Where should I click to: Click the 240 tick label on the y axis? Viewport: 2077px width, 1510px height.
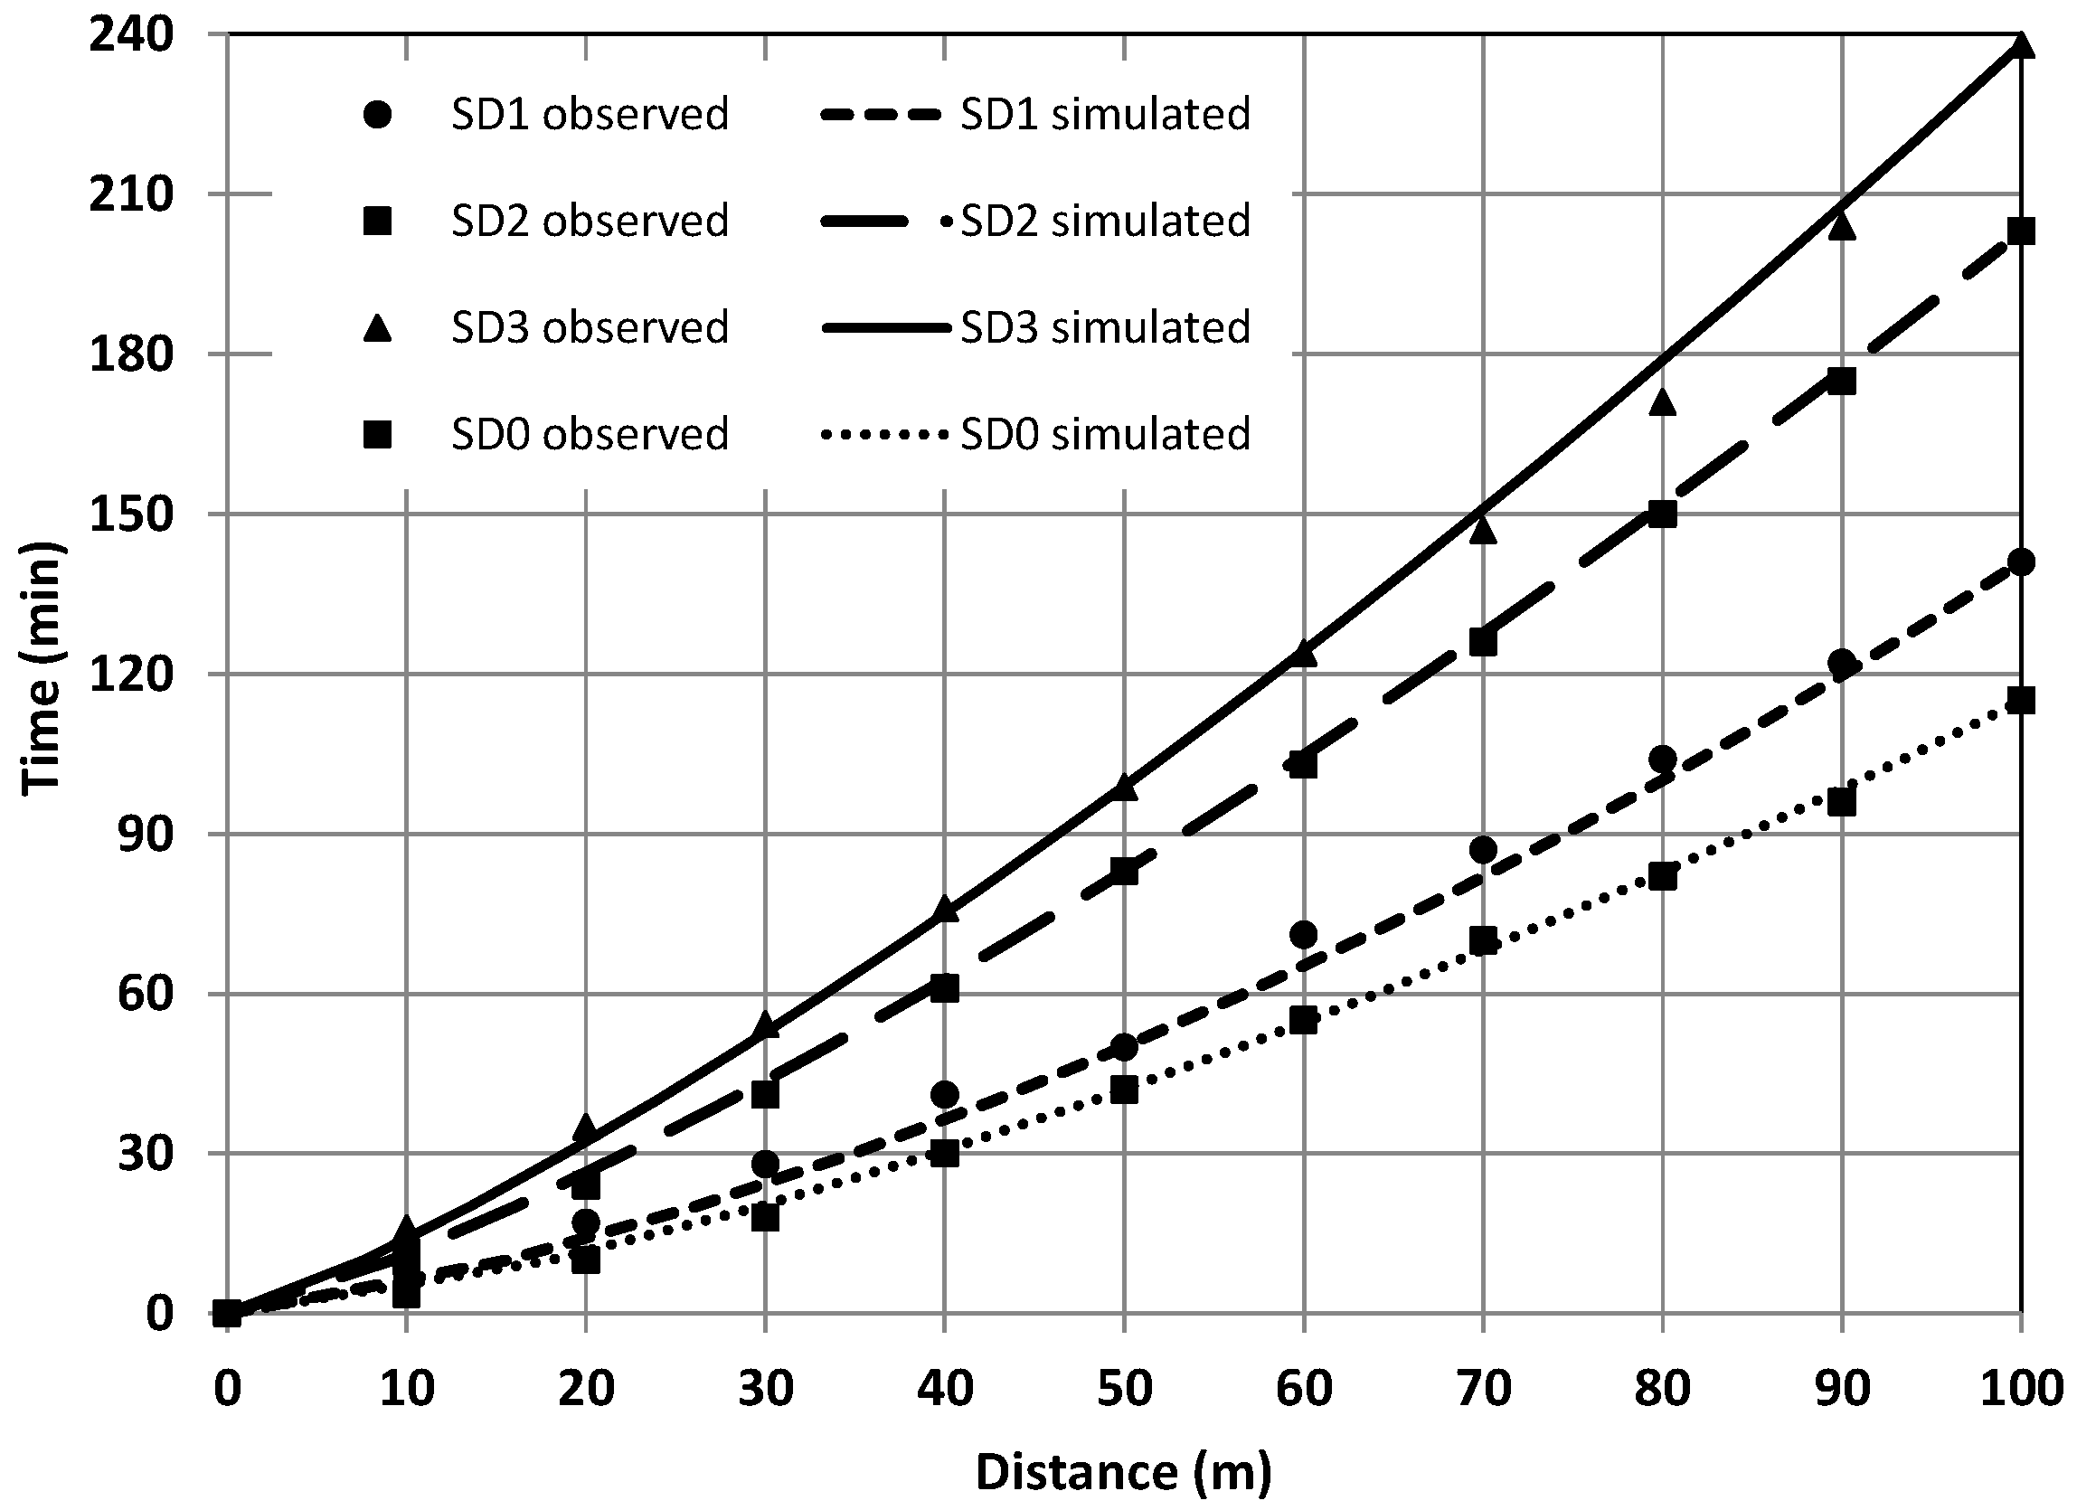point(130,34)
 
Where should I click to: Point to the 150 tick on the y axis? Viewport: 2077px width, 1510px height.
point(130,514)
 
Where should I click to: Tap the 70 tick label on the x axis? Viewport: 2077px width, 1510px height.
point(1483,1388)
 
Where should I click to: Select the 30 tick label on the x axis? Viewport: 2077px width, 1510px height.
point(766,1388)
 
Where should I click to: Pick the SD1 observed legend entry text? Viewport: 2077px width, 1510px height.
point(590,115)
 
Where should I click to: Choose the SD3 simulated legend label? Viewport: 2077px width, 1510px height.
point(1104,328)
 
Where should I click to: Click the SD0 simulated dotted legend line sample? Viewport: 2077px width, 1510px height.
point(883,435)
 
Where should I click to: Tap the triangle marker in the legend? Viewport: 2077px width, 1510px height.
point(377,328)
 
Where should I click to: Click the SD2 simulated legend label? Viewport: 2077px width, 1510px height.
point(1104,222)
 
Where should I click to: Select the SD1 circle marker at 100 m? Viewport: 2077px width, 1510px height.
point(2020,562)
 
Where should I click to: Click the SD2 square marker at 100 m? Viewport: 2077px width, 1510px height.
point(2020,231)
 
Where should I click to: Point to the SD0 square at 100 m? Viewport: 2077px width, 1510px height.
point(2020,701)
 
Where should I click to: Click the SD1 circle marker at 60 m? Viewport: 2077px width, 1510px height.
point(1303,935)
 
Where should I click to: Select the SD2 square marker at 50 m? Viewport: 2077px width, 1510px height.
point(1124,872)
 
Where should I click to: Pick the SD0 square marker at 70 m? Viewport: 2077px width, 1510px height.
point(1483,940)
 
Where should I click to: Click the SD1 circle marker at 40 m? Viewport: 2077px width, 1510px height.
point(945,1094)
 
